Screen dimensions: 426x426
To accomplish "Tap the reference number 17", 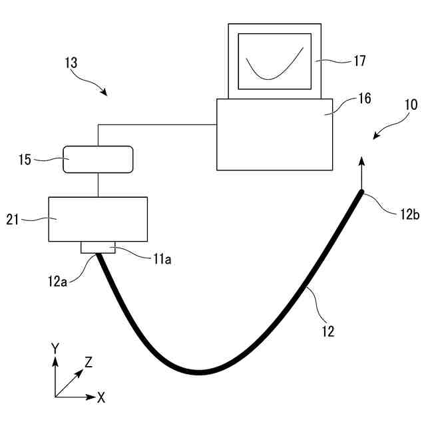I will pyautogui.click(x=359, y=61).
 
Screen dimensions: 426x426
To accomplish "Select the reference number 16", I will pyautogui.click(x=365, y=98).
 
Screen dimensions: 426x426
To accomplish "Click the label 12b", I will pyautogui.click(x=409, y=214).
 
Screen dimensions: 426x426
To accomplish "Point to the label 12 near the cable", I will pyautogui.click(x=327, y=329).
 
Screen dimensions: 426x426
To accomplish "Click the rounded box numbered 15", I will pyautogui.click(x=98, y=160).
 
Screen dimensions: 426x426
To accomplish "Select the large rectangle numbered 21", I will pyautogui.click(x=98, y=219).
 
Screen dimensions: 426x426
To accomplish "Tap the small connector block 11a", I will pyautogui.click(x=98, y=248).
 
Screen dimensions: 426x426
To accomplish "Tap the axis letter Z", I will pyautogui.click(x=88, y=361).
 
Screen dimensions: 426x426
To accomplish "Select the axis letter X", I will pyautogui.click(x=101, y=398).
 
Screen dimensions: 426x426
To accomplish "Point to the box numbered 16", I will pyautogui.click(x=274, y=134).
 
